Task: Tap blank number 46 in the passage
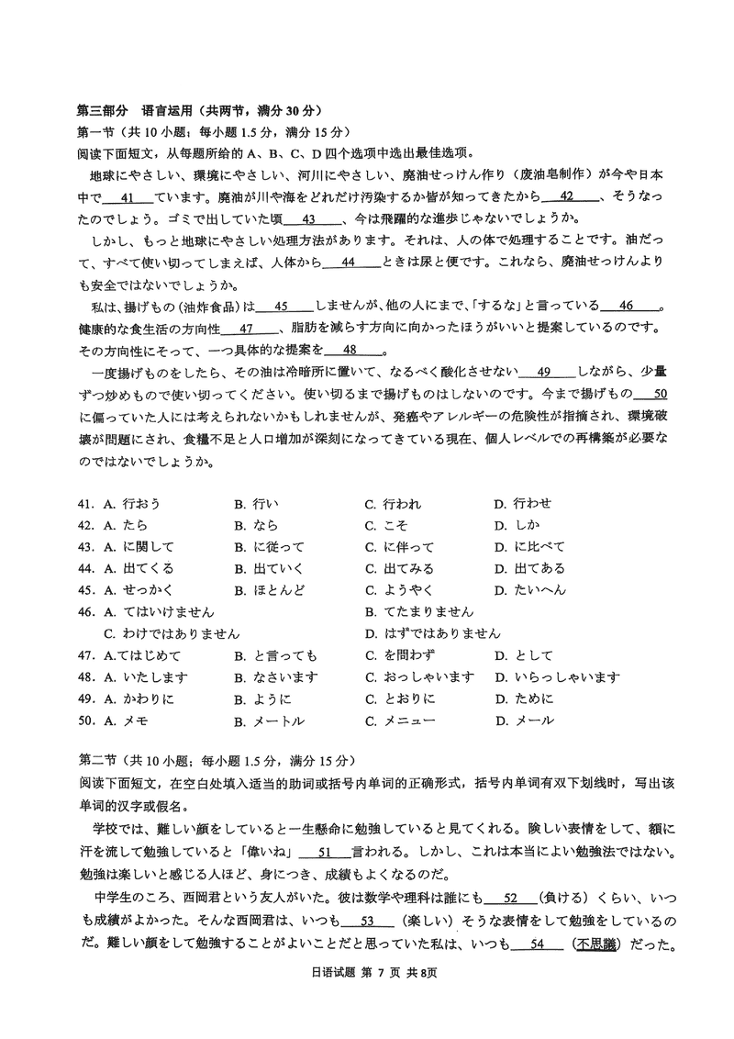coord(627,306)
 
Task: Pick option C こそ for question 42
coord(386,525)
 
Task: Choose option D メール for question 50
coord(524,721)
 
